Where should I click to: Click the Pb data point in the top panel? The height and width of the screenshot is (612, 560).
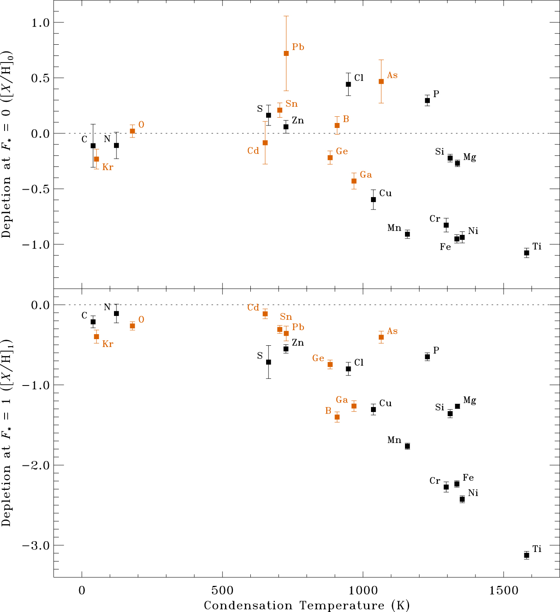point(286,53)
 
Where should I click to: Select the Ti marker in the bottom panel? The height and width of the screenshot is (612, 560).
point(526,555)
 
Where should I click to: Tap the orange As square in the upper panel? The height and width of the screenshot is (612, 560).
point(381,82)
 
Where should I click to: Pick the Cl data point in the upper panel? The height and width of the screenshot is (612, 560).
point(348,84)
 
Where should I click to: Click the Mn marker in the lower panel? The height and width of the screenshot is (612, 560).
point(407,446)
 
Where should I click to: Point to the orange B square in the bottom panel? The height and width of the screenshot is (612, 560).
point(337,417)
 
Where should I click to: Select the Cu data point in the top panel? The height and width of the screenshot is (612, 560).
point(373,200)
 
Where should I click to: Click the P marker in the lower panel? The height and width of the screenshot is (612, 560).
point(427,357)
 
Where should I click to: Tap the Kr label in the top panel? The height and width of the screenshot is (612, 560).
point(108,167)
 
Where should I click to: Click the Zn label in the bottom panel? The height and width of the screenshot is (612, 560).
point(298,343)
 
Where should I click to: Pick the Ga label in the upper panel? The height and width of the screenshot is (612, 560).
point(366,175)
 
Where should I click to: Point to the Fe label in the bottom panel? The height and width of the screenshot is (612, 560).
point(468,478)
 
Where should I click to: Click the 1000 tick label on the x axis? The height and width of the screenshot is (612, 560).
point(363,590)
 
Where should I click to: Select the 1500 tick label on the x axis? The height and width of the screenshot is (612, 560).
point(503,590)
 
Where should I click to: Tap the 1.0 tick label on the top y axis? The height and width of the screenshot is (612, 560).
point(41,23)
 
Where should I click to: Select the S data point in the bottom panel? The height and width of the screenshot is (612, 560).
point(268,362)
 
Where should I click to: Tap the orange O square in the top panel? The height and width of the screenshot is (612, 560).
point(132,131)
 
